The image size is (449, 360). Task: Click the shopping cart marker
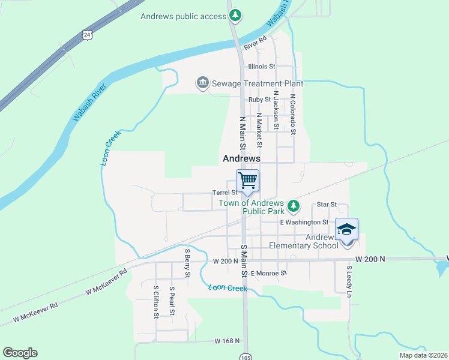click(x=247, y=181)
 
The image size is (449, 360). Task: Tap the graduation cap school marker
click(x=346, y=230)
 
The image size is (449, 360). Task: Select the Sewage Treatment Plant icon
click(x=202, y=83)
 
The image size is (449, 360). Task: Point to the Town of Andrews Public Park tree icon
click(x=293, y=207)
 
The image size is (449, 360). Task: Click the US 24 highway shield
click(x=88, y=35)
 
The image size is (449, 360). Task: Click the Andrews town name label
click(x=241, y=159)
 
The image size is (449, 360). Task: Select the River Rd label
click(x=255, y=47)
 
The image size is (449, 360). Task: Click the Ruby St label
click(x=261, y=100)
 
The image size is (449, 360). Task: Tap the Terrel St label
click(x=225, y=193)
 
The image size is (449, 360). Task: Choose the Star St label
click(x=327, y=205)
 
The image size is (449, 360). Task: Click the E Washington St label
click(x=304, y=222)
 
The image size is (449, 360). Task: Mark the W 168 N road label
click(x=227, y=341)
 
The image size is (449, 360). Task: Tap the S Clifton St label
click(x=155, y=301)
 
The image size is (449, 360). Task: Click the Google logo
click(x=20, y=353)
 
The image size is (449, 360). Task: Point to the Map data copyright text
click(x=423, y=355)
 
